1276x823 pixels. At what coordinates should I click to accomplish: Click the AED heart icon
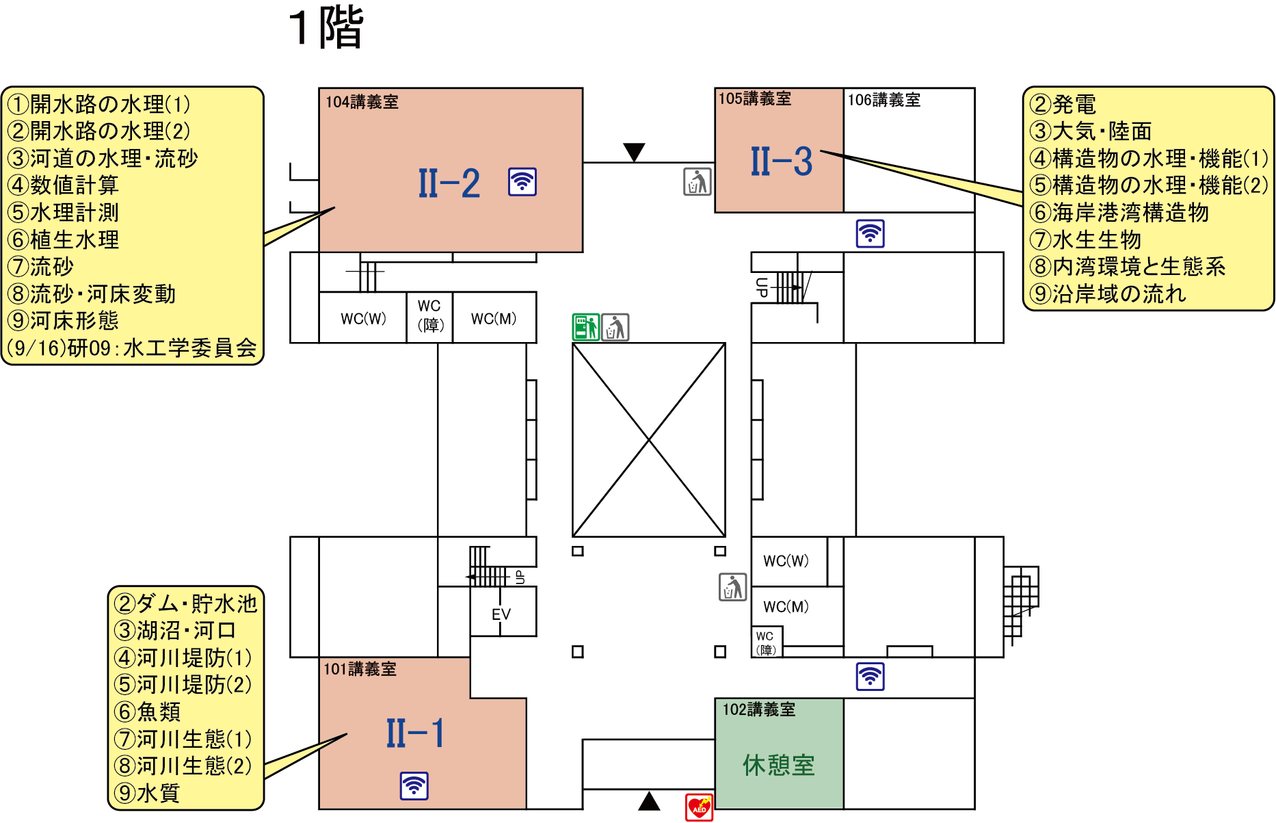point(699,807)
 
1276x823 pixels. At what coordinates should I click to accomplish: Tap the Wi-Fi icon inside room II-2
point(522,182)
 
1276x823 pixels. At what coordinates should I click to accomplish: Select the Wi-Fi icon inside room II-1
point(414,786)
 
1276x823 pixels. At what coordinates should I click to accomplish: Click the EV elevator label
point(501,614)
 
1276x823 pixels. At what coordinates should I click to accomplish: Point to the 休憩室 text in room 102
point(779,765)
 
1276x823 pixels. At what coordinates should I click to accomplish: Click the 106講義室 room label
point(884,100)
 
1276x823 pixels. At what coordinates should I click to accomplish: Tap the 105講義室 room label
point(755,99)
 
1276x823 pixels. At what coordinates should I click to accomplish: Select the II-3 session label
point(782,161)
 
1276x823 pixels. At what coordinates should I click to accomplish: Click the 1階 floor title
point(326,27)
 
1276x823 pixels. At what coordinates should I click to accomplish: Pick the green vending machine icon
point(586,327)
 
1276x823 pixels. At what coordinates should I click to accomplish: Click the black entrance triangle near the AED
point(649,800)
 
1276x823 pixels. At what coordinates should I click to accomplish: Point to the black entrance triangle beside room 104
point(635,152)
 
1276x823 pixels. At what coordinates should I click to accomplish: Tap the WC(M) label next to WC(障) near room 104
point(494,319)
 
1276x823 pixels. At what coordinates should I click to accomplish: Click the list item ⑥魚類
point(148,711)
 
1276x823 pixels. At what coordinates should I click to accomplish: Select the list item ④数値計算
point(63,185)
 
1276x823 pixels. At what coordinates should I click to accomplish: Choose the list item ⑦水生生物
point(1085,239)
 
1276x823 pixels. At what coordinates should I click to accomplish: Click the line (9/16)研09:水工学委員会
point(132,348)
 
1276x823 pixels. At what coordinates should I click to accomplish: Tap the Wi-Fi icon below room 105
point(870,233)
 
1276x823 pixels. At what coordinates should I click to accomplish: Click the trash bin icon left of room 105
point(697,182)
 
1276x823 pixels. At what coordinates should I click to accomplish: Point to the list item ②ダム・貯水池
point(186,603)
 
